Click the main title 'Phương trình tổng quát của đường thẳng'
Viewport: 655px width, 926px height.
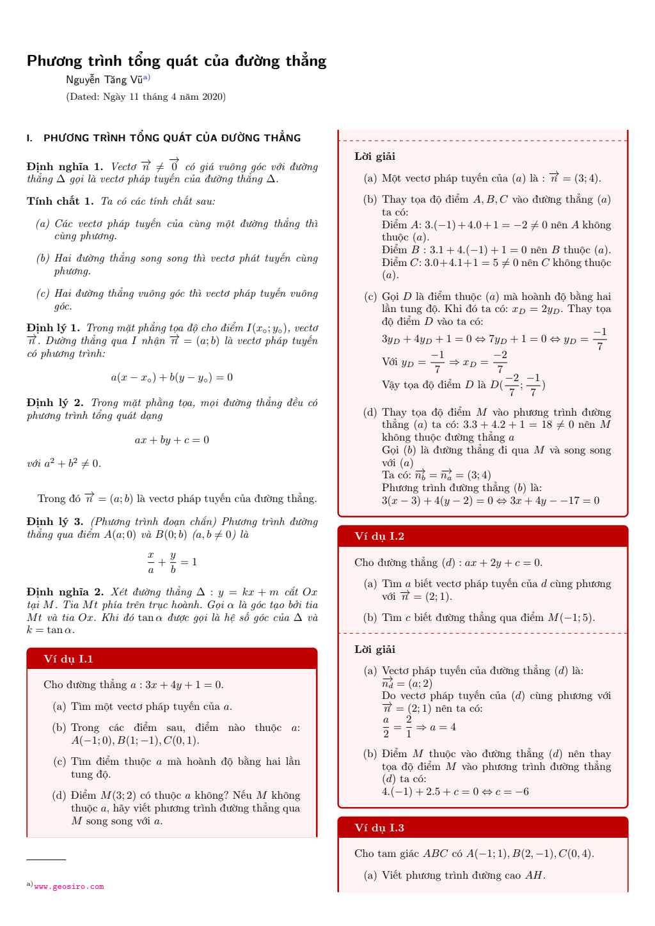click(x=177, y=61)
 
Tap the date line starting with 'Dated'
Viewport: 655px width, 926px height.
click(x=146, y=97)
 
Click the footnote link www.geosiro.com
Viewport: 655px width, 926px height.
click(x=69, y=886)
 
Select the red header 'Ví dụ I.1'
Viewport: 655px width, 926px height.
click(x=68, y=659)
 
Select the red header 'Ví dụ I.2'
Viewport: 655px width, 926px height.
click(x=379, y=536)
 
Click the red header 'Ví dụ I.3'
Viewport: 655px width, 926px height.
click(x=379, y=828)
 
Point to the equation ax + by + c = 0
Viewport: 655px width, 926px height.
click(x=171, y=440)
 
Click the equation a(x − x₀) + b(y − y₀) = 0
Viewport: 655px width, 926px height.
click(x=171, y=377)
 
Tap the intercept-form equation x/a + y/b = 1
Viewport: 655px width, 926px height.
click(x=172, y=562)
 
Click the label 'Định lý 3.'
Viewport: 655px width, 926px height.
click(x=55, y=522)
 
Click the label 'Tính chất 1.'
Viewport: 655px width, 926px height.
click(x=60, y=201)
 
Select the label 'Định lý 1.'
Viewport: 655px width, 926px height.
click(x=53, y=328)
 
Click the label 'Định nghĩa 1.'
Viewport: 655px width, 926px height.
click(x=65, y=167)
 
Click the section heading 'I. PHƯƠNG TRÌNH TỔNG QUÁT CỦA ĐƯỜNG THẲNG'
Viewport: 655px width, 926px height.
click(x=164, y=138)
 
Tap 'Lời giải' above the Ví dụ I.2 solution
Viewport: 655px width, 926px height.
click(x=375, y=650)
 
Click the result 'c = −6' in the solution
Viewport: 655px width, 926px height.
click(x=512, y=792)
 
